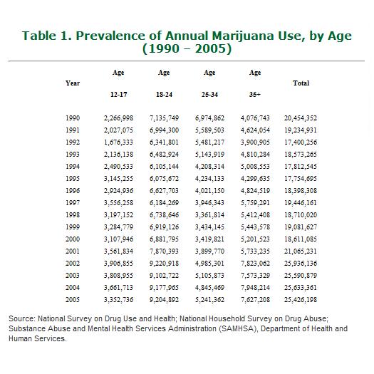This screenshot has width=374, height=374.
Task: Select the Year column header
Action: click(73, 83)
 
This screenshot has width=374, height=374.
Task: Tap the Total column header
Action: click(301, 83)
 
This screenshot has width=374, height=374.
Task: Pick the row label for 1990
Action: click(73, 118)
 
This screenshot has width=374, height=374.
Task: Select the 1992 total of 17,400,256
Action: click(301, 141)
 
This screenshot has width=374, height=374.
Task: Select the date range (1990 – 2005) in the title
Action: click(187, 50)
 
